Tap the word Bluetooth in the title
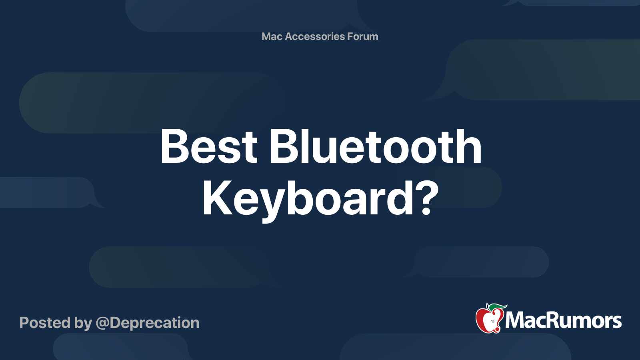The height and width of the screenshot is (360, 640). pyautogui.click(x=375, y=147)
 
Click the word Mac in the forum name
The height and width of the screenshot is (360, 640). pyautogui.click(x=272, y=36)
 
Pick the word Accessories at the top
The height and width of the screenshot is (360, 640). pyautogui.click(x=315, y=36)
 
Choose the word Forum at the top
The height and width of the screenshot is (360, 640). pyautogui.click(x=363, y=36)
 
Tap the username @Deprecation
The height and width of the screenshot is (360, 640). pyautogui.click(x=148, y=323)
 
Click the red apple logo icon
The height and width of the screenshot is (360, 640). pyautogui.click(x=489, y=320)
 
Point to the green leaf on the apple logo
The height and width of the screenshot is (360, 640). pyautogui.click(x=497, y=306)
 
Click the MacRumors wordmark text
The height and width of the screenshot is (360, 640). pyautogui.click(x=563, y=321)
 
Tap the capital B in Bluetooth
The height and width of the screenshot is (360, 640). pyautogui.click(x=284, y=147)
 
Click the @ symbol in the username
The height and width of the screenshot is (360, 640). pyautogui.click(x=102, y=323)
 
